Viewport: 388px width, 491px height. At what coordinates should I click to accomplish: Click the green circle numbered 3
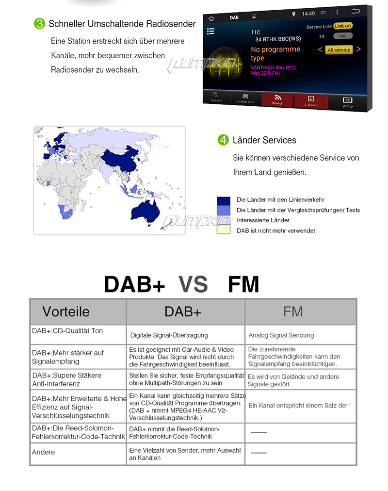(x=39, y=24)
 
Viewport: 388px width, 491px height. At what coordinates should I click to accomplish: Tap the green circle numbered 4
(x=223, y=140)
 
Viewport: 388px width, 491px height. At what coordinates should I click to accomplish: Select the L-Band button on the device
(x=311, y=101)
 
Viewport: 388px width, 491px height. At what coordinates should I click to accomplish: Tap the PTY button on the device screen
(x=348, y=102)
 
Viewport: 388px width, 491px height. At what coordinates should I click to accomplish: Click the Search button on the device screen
(x=216, y=97)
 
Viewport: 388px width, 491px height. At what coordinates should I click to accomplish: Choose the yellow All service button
(x=339, y=50)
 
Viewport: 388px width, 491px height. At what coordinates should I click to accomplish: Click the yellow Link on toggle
(x=342, y=26)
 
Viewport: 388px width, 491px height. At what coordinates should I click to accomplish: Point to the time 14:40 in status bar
(x=308, y=14)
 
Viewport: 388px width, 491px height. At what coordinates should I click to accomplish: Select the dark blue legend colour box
(x=224, y=200)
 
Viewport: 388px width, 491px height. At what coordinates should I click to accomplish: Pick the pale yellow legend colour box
(x=224, y=230)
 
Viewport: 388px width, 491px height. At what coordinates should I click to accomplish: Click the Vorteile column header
(x=66, y=311)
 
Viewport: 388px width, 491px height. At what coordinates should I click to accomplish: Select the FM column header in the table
(x=293, y=311)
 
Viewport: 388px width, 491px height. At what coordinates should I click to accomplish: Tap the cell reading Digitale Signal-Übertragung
(x=169, y=335)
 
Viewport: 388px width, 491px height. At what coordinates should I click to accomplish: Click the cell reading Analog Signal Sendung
(x=281, y=335)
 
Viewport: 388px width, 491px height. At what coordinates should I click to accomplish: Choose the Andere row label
(x=44, y=452)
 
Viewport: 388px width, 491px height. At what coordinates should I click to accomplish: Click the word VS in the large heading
(x=193, y=285)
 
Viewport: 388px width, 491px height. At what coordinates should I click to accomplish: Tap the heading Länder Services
(x=264, y=140)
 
